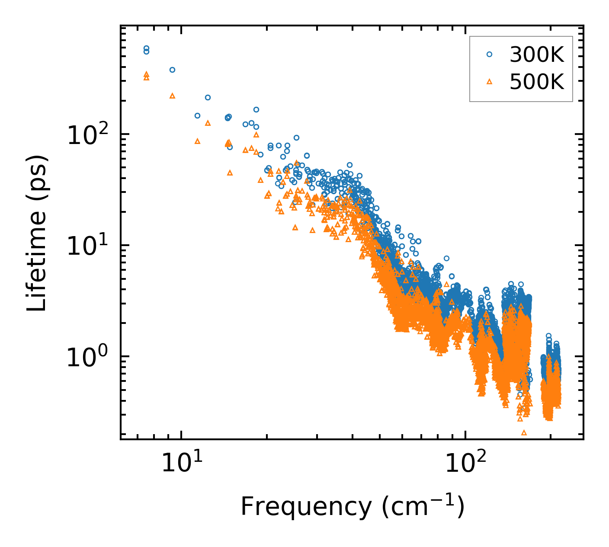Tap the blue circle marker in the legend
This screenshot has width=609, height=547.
point(489,54)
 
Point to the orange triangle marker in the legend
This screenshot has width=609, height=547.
point(489,81)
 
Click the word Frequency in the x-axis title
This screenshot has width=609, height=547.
point(305,506)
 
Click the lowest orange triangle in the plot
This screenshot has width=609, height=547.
point(524,432)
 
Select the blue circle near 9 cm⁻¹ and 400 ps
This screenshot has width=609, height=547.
point(172,70)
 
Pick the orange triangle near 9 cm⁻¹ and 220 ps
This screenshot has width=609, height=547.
point(172,96)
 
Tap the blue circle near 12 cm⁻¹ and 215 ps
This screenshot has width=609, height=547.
point(208,97)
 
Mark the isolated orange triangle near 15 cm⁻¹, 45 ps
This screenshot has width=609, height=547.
point(230,173)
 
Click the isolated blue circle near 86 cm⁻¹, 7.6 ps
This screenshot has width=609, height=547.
point(446,258)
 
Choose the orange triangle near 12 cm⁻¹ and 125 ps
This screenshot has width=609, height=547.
point(208,123)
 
